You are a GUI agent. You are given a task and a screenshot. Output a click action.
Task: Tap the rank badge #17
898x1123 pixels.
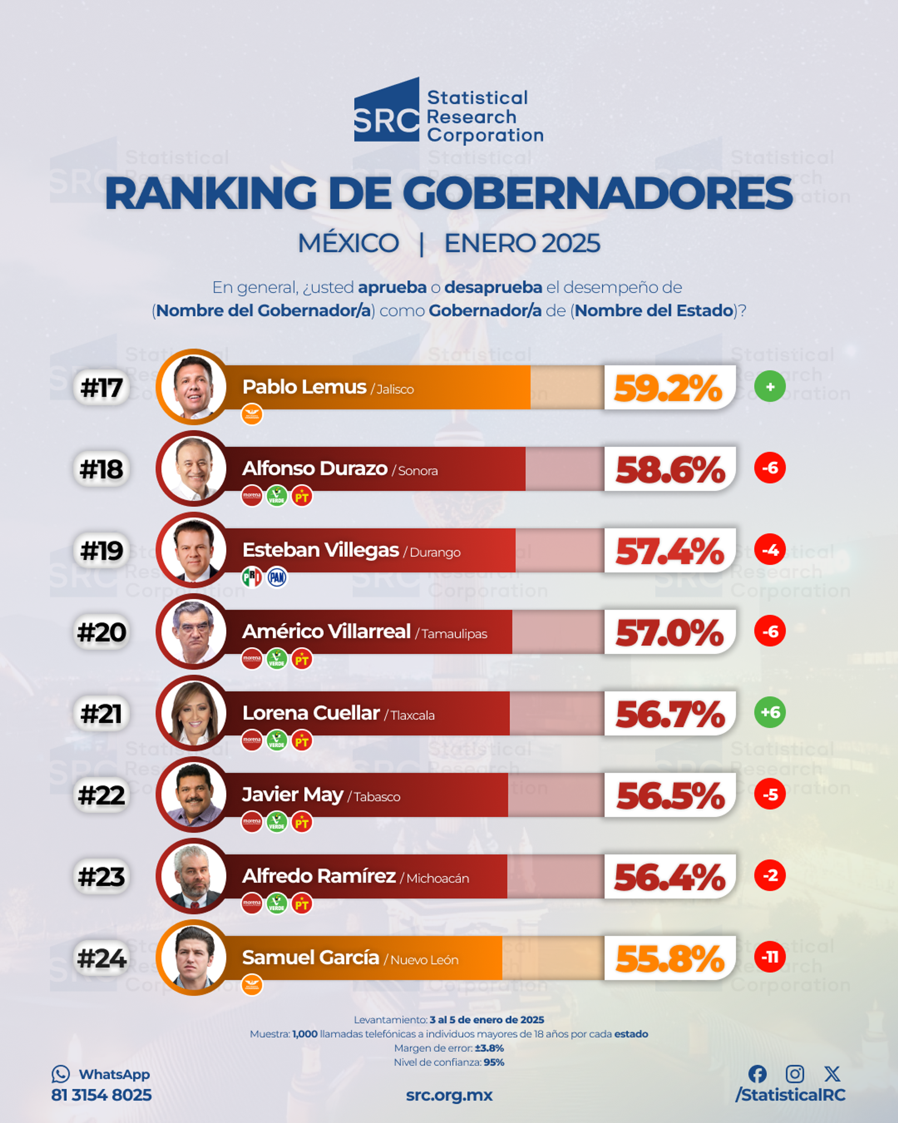101,387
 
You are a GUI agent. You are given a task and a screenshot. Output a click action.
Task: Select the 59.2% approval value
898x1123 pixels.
668,388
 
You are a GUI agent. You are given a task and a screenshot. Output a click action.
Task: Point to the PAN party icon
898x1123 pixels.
277,577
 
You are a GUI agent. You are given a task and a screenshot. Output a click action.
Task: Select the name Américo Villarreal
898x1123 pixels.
326,631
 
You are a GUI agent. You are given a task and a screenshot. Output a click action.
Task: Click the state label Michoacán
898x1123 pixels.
438,879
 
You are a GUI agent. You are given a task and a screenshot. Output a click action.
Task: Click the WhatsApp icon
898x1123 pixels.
60,1074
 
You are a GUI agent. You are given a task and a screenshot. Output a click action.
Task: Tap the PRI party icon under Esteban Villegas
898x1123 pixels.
252,577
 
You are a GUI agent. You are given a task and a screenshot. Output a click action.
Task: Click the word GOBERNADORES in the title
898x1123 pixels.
597,193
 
